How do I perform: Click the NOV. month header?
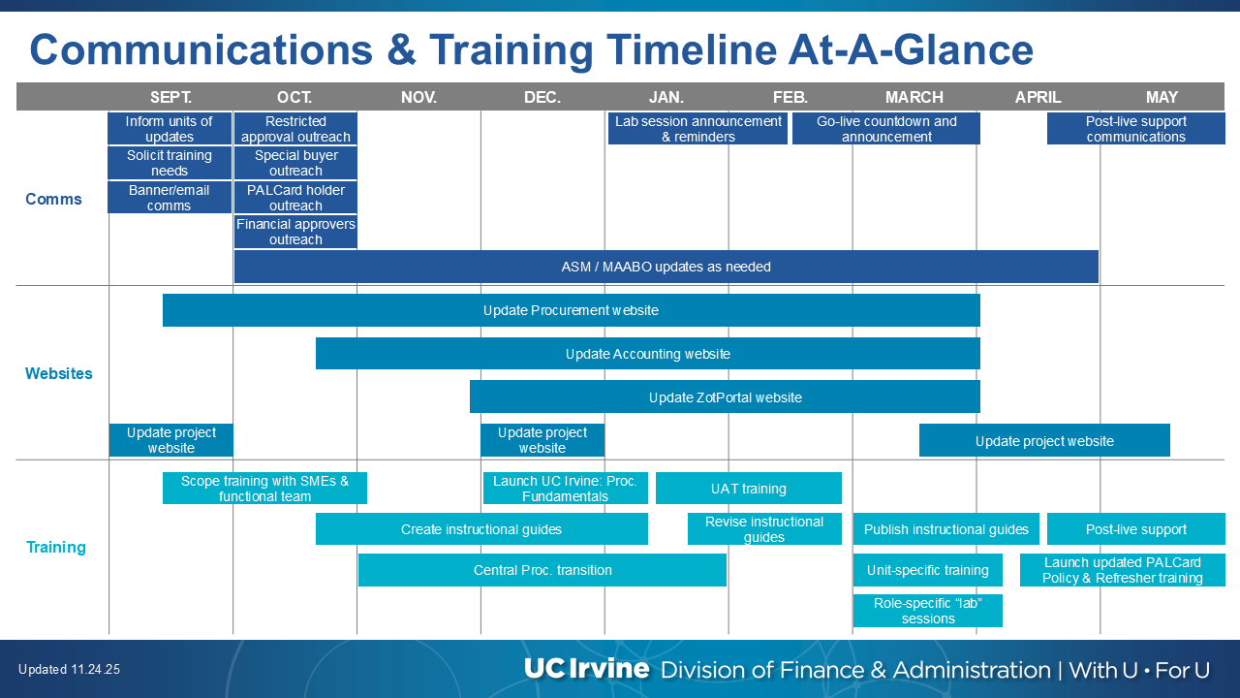[418, 98]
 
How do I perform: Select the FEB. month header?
[790, 98]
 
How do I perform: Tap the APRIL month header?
[1038, 98]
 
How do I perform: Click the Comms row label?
[53, 199]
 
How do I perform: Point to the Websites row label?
[59, 373]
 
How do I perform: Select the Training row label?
[56, 548]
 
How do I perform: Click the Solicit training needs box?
[170, 163]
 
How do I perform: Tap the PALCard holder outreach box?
[295, 197]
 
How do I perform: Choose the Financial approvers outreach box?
[295, 232]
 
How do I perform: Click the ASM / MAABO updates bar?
[666, 267]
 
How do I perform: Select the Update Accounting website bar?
[648, 354]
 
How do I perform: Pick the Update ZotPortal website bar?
[725, 397]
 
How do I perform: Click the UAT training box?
[749, 488]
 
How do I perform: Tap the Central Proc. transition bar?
[542, 570]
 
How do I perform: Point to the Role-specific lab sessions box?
[928, 611]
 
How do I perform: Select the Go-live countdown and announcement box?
[886, 129]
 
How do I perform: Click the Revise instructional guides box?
[764, 529]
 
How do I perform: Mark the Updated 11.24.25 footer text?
[69, 669]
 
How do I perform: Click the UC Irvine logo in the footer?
[586, 669]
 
